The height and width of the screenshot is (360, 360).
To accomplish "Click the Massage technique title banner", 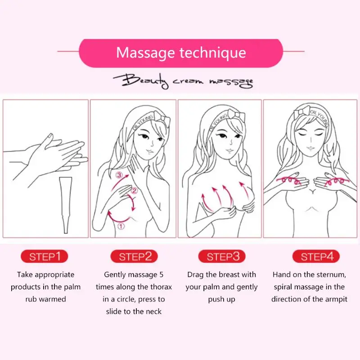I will coord(181,53).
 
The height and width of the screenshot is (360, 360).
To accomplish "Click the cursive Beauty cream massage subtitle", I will coord(183,81).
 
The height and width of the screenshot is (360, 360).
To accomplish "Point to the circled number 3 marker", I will coord(119,175).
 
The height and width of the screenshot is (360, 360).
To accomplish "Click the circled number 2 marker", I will coord(134,190).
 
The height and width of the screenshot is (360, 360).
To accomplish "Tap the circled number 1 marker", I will coord(121,226).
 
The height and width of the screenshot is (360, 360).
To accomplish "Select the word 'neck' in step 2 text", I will coord(153,311).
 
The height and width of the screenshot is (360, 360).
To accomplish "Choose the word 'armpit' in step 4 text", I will coord(335,299).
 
